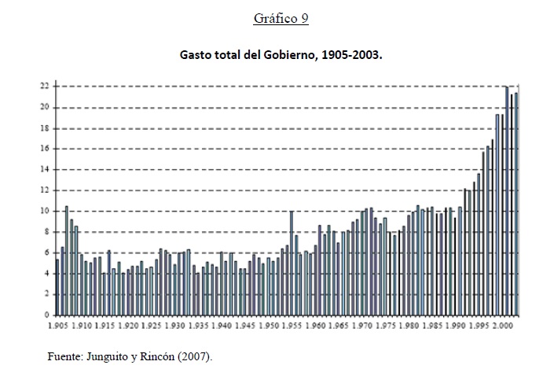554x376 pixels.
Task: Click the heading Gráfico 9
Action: [281, 19]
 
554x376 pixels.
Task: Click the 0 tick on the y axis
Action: [46, 315]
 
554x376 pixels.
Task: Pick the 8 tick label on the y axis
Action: [46, 231]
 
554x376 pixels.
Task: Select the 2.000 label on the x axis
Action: [502, 325]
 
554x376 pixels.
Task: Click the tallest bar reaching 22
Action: [507, 201]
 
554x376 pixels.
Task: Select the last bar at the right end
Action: [516, 204]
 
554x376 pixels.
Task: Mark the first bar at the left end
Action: [57, 287]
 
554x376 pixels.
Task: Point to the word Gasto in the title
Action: [196, 57]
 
